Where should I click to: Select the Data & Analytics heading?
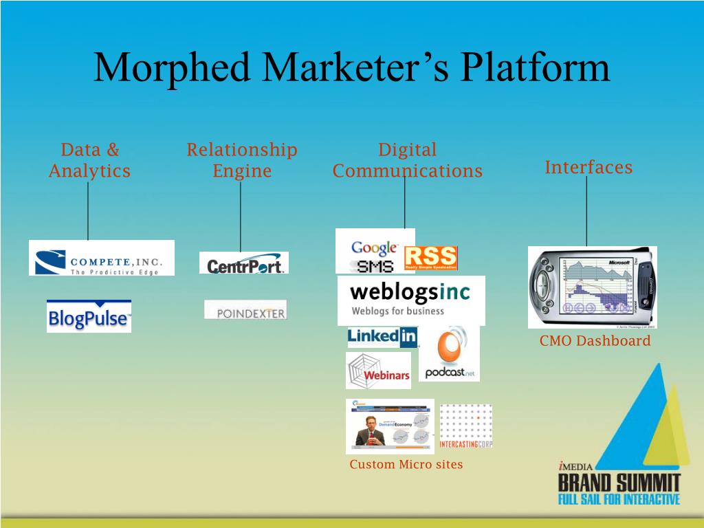89,160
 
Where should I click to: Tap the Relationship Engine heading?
242,160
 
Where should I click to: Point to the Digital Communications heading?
408,160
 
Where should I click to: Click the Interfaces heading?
588,167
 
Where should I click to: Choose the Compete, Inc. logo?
102,258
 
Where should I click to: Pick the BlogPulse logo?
89,316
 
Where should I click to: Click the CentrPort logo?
244,263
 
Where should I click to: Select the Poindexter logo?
245,310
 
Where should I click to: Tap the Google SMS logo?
375,256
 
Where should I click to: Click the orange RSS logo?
431,258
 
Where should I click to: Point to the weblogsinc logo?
410,300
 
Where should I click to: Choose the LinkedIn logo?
383,336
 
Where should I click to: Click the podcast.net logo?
450,353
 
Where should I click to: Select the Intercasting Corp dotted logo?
465,426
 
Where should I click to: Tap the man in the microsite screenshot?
367,430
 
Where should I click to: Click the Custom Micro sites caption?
406,465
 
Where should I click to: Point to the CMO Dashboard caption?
595,341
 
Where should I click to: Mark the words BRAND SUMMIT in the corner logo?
619,480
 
